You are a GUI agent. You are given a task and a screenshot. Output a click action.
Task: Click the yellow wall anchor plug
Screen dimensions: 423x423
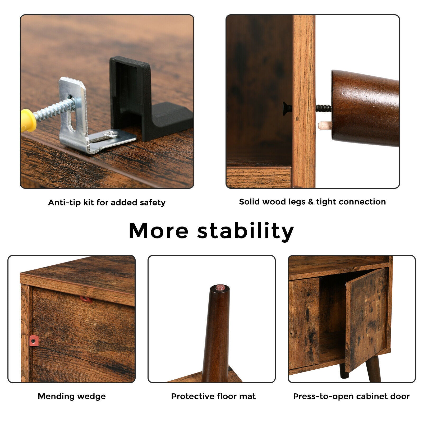coord(28,120)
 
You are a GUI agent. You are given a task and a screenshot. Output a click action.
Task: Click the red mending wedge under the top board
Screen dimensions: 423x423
coord(86,299)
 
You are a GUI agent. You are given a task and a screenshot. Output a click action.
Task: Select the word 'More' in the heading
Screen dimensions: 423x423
coord(159,231)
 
